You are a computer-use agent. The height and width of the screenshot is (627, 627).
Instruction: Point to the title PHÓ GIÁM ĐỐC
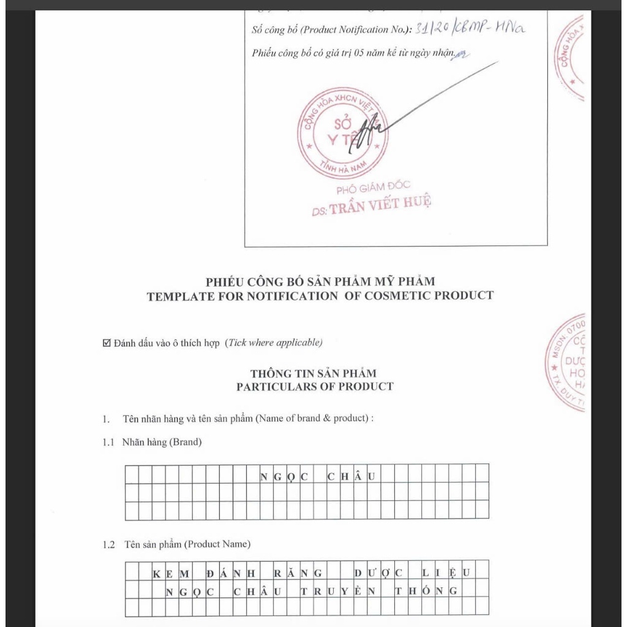374,186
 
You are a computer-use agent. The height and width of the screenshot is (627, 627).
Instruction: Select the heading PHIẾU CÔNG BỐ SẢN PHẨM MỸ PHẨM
320,282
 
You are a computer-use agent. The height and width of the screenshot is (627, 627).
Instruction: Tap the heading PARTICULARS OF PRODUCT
315,386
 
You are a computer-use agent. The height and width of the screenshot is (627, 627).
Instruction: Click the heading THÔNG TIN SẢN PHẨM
313,373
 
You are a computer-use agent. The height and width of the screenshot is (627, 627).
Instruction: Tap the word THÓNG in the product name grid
426,591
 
